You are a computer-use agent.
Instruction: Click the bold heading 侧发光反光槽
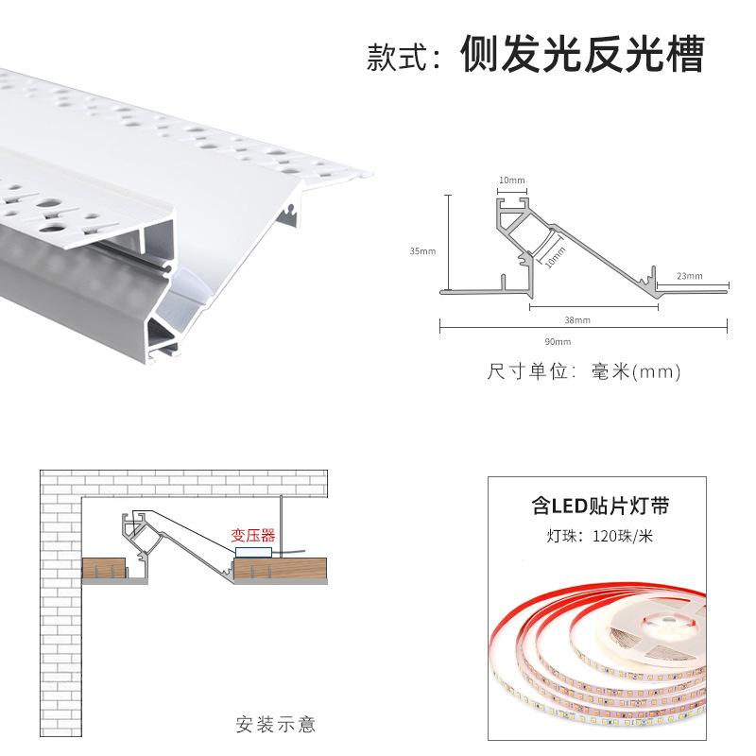[582, 56]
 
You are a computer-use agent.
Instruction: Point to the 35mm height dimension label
[422, 251]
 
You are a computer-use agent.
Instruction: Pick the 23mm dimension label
[690, 276]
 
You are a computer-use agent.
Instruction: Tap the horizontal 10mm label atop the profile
[511, 180]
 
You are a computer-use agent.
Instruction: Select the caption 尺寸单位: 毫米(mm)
[584, 371]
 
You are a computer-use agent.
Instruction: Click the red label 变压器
[253, 535]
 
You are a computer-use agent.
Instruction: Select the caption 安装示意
[275, 725]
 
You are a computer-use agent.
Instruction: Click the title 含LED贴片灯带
[600, 507]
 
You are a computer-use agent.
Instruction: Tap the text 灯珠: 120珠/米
[599, 538]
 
